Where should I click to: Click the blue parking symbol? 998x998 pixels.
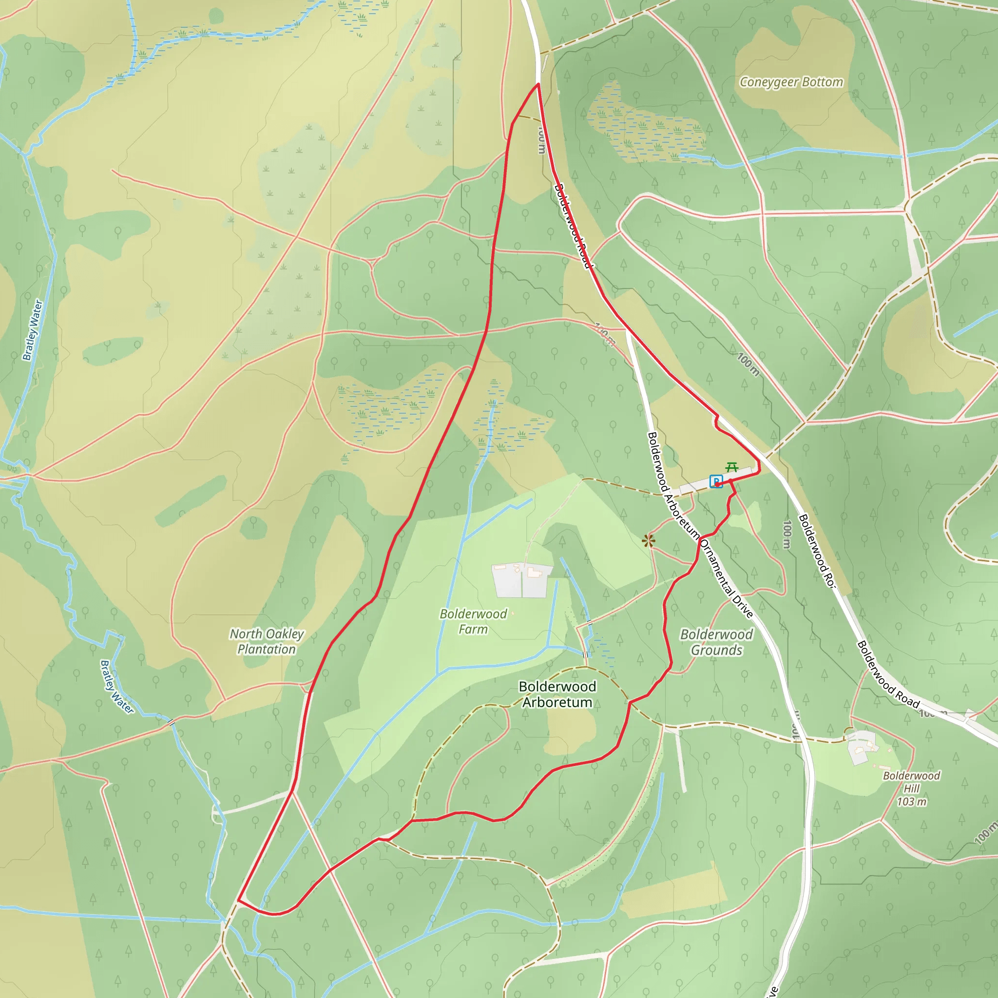(715, 481)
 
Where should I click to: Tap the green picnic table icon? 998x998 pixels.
(731, 467)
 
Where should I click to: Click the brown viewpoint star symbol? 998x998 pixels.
(649, 541)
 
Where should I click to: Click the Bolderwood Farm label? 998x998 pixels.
(473, 621)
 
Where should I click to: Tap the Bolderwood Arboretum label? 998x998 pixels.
(557, 694)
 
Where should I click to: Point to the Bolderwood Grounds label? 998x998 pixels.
(716, 642)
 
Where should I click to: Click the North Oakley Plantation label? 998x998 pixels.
(267, 641)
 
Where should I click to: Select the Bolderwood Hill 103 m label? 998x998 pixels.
(911, 788)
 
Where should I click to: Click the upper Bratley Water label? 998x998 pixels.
(32, 330)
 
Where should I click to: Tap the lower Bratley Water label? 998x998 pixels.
(117, 688)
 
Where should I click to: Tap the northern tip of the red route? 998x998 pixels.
(538, 84)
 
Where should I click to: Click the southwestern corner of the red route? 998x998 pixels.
(238, 901)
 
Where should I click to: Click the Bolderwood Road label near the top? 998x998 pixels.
(572, 226)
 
